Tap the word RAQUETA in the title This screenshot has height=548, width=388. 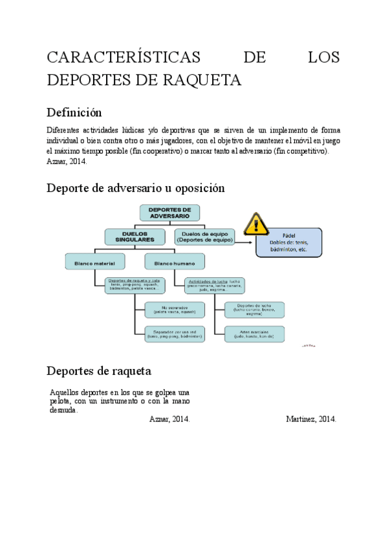[x=205, y=80]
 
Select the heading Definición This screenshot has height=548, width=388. [x=75, y=112]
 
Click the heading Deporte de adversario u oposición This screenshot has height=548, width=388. [x=136, y=189]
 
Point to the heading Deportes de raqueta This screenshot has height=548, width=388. [x=99, y=371]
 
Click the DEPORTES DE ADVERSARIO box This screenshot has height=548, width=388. [x=170, y=213]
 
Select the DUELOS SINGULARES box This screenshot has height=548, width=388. [x=135, y=237]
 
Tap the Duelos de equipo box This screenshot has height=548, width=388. [x=203, y=237]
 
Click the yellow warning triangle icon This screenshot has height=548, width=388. [x=256, y=226]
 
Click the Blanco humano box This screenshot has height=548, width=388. [x=175, y=261]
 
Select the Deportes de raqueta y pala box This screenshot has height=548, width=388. [x=135, y=285]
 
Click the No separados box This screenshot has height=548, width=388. [x=175, y=310]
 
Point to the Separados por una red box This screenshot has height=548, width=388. [x=175, y=333]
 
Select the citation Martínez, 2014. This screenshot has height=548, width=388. [x=310, y=419]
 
